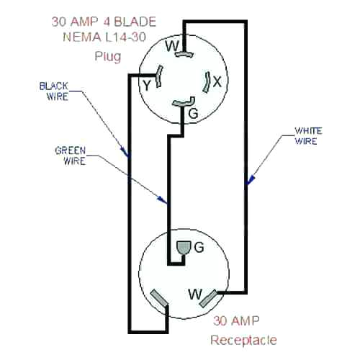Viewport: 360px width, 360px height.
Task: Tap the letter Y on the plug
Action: coord(148,84)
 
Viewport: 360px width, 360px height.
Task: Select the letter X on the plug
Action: coord(217,82)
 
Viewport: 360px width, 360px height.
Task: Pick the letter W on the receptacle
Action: coord(194,294)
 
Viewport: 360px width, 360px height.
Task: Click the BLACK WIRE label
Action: coord(53,91)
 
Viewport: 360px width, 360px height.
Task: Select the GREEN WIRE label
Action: coord(71,156)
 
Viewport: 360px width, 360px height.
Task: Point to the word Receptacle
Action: coord(243,339)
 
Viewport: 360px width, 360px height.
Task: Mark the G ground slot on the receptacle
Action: coord(181,249)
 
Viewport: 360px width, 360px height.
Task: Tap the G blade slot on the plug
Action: coord(184,103)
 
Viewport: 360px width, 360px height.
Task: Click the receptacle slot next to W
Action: coord(212,297)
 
